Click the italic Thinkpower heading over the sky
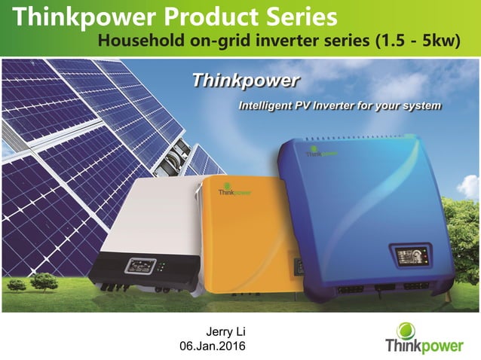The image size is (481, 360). pyautogui.click(x=245, y=80)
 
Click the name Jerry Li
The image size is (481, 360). pyautogui.click(x=226, y=331)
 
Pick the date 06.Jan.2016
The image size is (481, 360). pyautogui.click(x=212, y=346)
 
